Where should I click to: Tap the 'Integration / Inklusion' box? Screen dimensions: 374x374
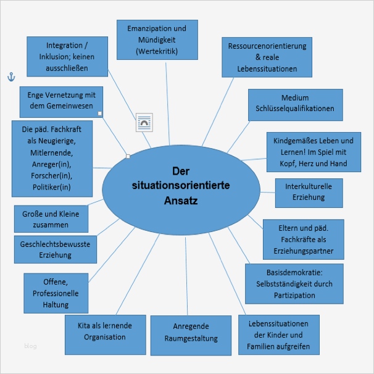tap(67, 56)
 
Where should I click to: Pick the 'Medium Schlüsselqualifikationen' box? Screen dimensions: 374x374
tap(294, 103)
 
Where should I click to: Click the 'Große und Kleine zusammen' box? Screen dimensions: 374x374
tap(51, 219)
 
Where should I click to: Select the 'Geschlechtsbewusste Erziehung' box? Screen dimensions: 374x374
tap(55, 249)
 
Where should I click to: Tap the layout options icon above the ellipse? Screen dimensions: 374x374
tap(144, 123)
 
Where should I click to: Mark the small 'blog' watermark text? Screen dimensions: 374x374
tap(30, 346)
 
